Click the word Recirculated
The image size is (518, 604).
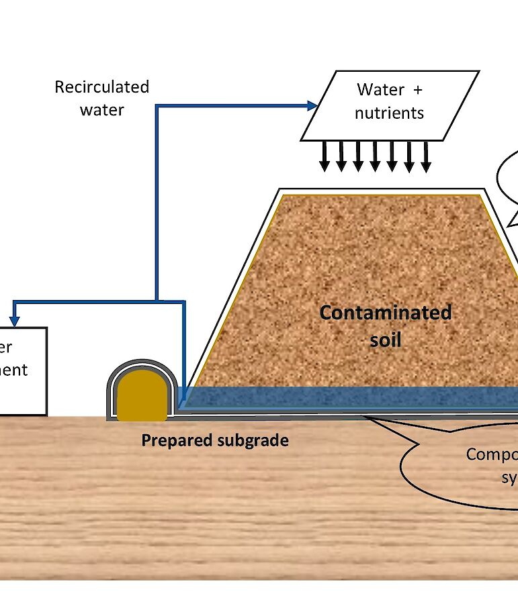pos(101,87)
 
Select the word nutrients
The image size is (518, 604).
pos(390,113)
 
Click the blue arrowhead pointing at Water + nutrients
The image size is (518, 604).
pos(312,105)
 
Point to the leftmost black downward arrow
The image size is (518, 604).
pos(325,158)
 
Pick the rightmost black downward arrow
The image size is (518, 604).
pos(426,158)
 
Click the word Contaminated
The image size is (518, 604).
pos(385,313)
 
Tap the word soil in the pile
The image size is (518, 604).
pos(386,340)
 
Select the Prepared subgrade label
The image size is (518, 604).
pos(215,440)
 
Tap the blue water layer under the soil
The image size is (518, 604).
pos(349,397)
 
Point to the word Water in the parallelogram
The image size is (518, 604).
pos(380,89)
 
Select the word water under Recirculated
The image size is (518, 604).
pos(102,109)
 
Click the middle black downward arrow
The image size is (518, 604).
pos(375,158)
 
